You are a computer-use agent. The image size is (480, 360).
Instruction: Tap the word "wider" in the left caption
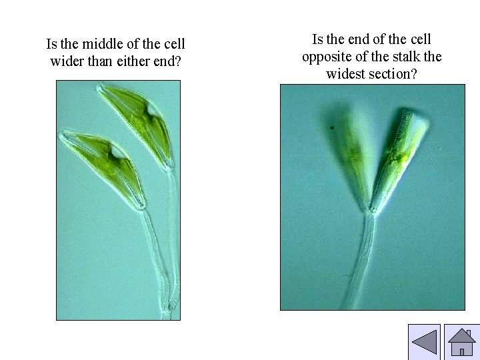click(68, 62)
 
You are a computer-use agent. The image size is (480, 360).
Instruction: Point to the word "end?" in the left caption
click(168, 62)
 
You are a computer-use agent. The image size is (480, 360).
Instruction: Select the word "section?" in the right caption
click(393, 73)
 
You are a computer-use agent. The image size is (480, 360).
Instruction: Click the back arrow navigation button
click(424, 342)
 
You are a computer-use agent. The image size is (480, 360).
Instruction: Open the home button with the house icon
click(461, 342)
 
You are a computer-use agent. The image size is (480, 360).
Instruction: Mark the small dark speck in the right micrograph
click(331, 127)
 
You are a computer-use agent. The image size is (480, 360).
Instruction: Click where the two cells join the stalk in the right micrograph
click(367, 211)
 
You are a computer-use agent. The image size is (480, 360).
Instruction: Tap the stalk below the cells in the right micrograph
click(363, 260)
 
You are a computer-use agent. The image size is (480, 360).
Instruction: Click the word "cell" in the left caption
click(172, 45)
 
